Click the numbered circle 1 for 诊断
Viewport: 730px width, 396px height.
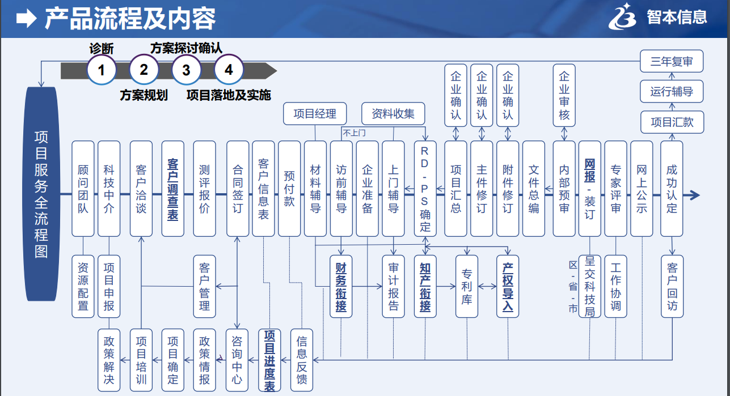point(102,70)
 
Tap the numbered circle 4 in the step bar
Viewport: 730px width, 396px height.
point(229,70)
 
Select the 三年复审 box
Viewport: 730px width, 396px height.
point(672,61)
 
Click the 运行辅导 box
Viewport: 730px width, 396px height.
point(672,91)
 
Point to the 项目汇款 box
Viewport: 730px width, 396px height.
point(672,122)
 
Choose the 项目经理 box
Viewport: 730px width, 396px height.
point(315,114)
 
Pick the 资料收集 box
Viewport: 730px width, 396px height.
point(393,114)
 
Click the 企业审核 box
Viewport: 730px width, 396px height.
point(564,95)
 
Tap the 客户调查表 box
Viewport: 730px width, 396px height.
point(173,189)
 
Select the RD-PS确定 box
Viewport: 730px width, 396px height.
point(425,189)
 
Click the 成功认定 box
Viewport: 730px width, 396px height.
point(672,189)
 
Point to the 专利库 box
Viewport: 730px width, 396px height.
point(467,286)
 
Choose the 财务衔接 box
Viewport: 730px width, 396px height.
point(341,286)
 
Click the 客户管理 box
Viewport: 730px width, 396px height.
point(205,286)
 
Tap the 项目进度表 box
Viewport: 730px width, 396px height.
point(270,360)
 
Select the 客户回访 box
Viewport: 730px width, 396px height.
point(672,286)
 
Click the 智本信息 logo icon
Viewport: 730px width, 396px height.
point(624,17)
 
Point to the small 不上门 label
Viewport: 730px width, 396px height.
point(353,133)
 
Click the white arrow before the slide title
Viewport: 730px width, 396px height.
point(27,19)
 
